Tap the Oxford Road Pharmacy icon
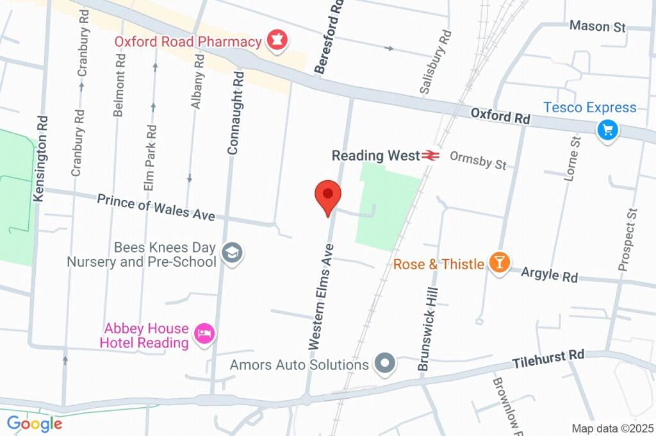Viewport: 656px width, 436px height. point(278,41)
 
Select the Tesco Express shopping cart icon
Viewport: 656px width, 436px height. point(607,130)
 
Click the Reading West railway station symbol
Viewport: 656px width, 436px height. point(429,155)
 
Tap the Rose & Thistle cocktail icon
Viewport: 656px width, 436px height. point(498,262)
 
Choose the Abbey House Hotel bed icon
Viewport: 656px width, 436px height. point(205,334)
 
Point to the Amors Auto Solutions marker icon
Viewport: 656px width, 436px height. point(385,364)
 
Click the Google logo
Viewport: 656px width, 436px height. point(35,423)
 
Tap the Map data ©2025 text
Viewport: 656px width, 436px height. point(612,428)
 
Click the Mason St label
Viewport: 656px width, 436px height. point(598,26)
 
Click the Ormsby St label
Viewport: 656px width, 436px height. point(477,160)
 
